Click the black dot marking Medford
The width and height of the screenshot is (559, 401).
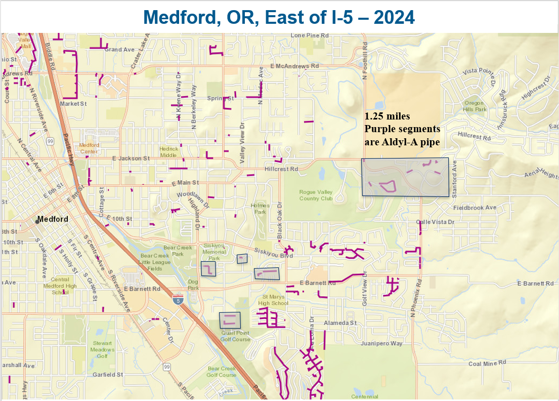(x=38, y=221)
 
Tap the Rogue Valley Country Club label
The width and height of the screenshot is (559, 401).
(x=316, y=195)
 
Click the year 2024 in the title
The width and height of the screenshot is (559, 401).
(x=394, y=17)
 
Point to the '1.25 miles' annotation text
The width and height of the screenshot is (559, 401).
(x=388, y=116)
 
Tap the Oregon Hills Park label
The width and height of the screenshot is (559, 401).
(x=475, y=106)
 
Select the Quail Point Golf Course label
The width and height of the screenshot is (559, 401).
(x=235, y=336)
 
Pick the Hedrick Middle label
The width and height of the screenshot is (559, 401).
(x=169, y=152)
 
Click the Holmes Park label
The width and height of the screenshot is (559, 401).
(x=259, y=209)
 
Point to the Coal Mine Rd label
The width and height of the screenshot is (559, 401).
(x=487, y=363)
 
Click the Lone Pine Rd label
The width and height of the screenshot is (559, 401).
(x=310, y=36)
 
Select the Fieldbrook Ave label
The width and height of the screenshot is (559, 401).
(x=475, y=208)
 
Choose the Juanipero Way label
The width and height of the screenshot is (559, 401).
(x=382, y=343)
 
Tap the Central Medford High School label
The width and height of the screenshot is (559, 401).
(x=60, y=286)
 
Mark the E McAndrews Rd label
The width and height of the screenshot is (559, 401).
(x=294, y=66)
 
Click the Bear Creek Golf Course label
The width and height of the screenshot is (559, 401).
(x=222, y=372)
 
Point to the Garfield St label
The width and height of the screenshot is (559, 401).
(x=108, y=375)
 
